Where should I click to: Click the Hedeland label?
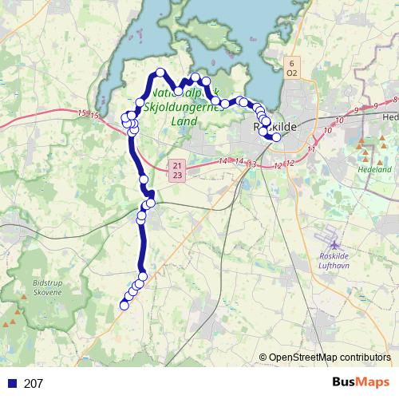point(376,169)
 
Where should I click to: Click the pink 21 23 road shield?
point(177,169)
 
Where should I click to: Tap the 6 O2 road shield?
point(291,67)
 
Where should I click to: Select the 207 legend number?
point(34,384)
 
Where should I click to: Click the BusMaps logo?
point(361,383)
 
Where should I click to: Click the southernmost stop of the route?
point(124,306)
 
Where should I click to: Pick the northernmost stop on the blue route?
point(160,73)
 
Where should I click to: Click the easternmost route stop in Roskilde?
point(277,137)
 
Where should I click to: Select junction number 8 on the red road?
point(395,100)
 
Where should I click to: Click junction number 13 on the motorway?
point(252,164)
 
